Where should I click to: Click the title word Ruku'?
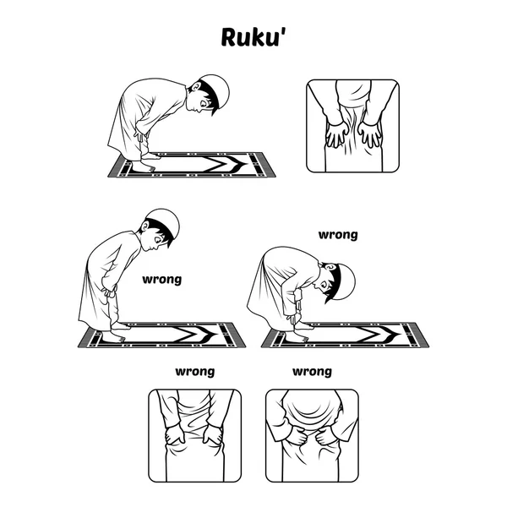click(x=254, y=37)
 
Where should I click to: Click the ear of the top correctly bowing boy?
click(x=196, y=87)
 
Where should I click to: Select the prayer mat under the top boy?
click(x=192, y=165)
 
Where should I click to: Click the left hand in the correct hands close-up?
click(x=337, y=135)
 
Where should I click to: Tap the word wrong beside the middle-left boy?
click(x=162, y=280)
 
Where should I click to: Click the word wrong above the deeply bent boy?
click(x=338, y=235)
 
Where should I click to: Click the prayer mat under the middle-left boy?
click(x=161, y=335)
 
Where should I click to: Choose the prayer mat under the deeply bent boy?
click(x=345, y=335)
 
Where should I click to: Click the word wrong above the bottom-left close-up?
click(x=195, y=372)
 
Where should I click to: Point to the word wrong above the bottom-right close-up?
click(x=313, y=372)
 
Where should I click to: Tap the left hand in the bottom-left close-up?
click(x=175, y=435)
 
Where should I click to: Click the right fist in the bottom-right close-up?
click(x=326, y=437)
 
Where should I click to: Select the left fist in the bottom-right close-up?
click(x=297, y=436)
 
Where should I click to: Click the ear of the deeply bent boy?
click(x=330, y=267)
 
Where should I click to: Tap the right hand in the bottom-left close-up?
click(x=213, y=435)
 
